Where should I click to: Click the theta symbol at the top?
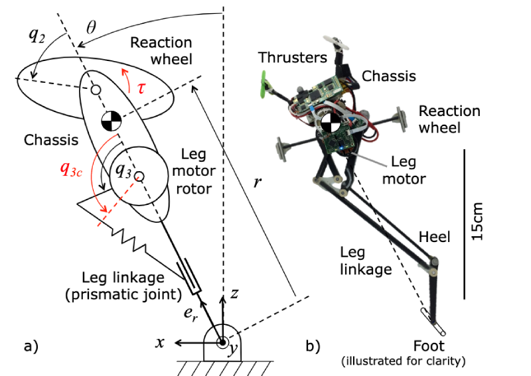(92, 29)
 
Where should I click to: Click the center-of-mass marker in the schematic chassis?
(111, 122)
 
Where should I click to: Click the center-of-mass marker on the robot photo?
(330, 123)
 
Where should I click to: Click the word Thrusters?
(293, 58)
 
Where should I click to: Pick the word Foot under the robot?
(429, 345)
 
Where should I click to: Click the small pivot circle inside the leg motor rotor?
(140, 174)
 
